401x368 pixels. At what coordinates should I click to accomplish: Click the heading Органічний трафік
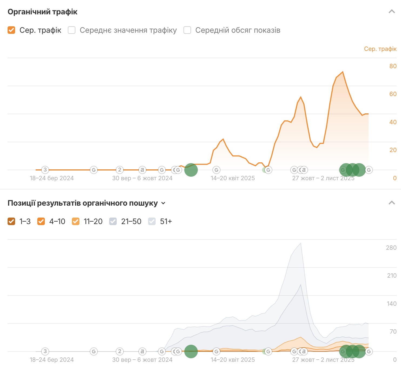(42, 12)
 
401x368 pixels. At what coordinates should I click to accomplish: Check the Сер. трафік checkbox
(11, 30)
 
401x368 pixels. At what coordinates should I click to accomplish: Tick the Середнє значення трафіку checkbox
(72, 30)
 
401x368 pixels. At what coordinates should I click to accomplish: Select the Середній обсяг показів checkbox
(187, 30)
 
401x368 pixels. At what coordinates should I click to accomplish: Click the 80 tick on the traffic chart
(393, 66)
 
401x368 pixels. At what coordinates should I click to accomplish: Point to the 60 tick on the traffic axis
(393, 94)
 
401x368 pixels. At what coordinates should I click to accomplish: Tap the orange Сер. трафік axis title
(380, 49)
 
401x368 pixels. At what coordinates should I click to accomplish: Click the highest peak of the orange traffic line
(343, 72)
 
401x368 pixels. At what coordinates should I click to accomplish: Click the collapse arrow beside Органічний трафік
(392, 12)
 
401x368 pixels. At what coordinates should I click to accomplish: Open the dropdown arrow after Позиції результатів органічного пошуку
(163, 203)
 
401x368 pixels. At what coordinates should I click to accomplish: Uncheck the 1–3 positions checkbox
(11, 221)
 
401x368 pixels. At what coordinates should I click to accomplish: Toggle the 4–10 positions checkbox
(41, 221)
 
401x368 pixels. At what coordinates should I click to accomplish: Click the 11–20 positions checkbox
(76, 221)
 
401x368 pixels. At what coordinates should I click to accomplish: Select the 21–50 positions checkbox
(113, 221)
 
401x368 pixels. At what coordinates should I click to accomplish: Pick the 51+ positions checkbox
(152, 221)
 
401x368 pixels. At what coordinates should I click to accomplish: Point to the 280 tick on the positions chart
(391, 248)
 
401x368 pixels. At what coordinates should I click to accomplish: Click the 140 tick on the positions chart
(392, 304)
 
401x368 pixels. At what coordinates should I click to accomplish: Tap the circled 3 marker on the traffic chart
(45, 170)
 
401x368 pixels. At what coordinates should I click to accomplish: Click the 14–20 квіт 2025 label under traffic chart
(233, 178)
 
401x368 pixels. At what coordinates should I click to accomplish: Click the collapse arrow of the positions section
(392, 203)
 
